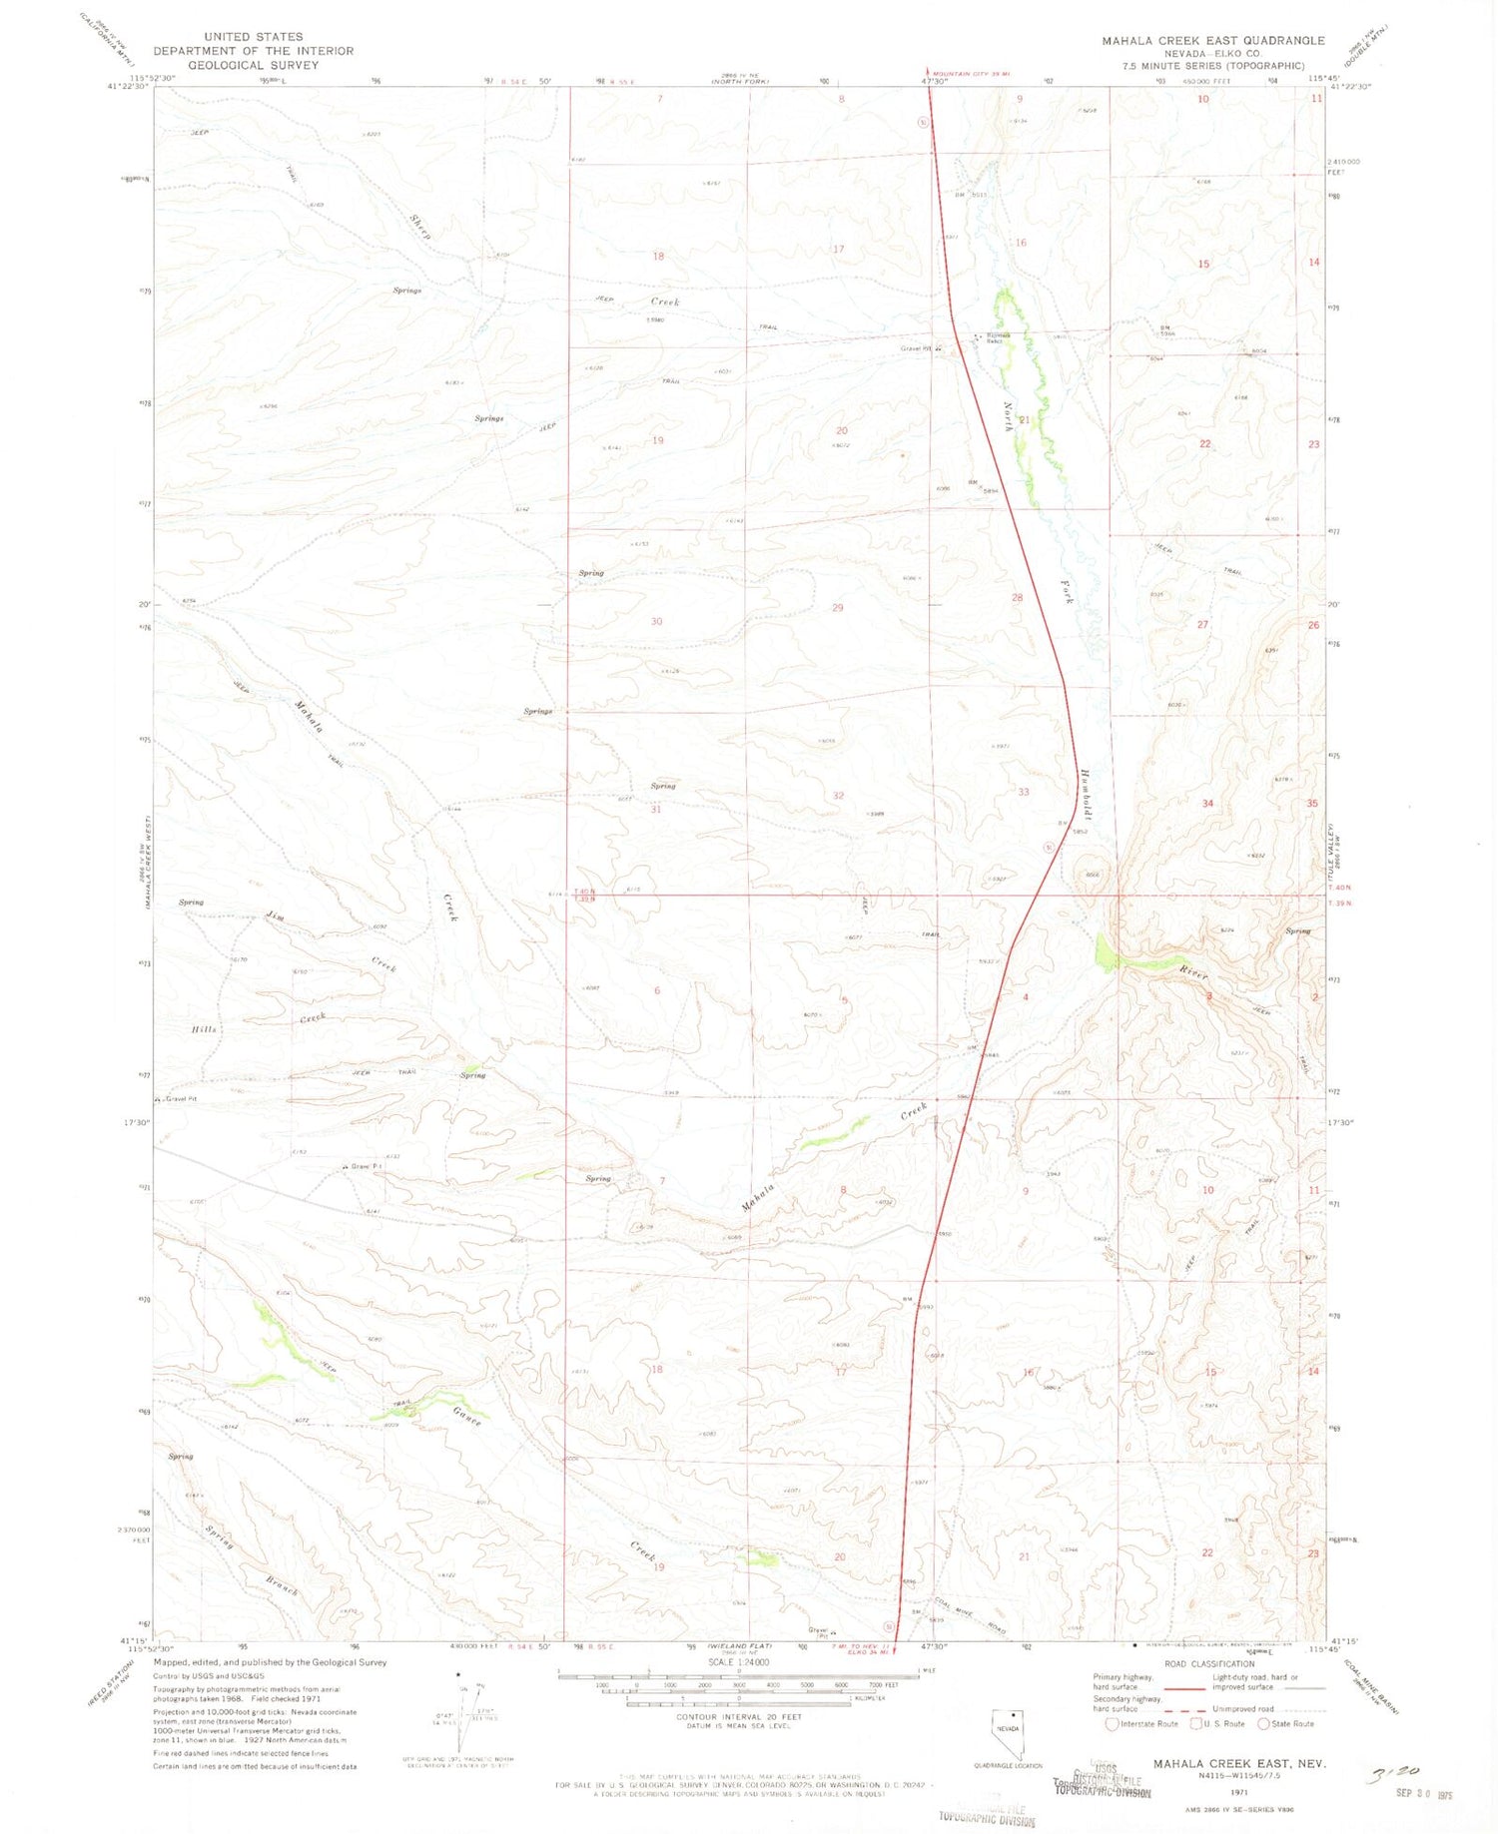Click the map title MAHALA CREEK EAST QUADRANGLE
click(1212, 41)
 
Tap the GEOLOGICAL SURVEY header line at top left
click(253, 65)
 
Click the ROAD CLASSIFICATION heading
click(1208, 1664)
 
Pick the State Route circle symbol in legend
click(1263, 1723)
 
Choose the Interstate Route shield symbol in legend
click(1112, 1723)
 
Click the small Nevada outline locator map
click(1008, 1734)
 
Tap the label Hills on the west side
click(204, 1028)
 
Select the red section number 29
click(837, 607)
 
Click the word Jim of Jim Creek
click(276, 915)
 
